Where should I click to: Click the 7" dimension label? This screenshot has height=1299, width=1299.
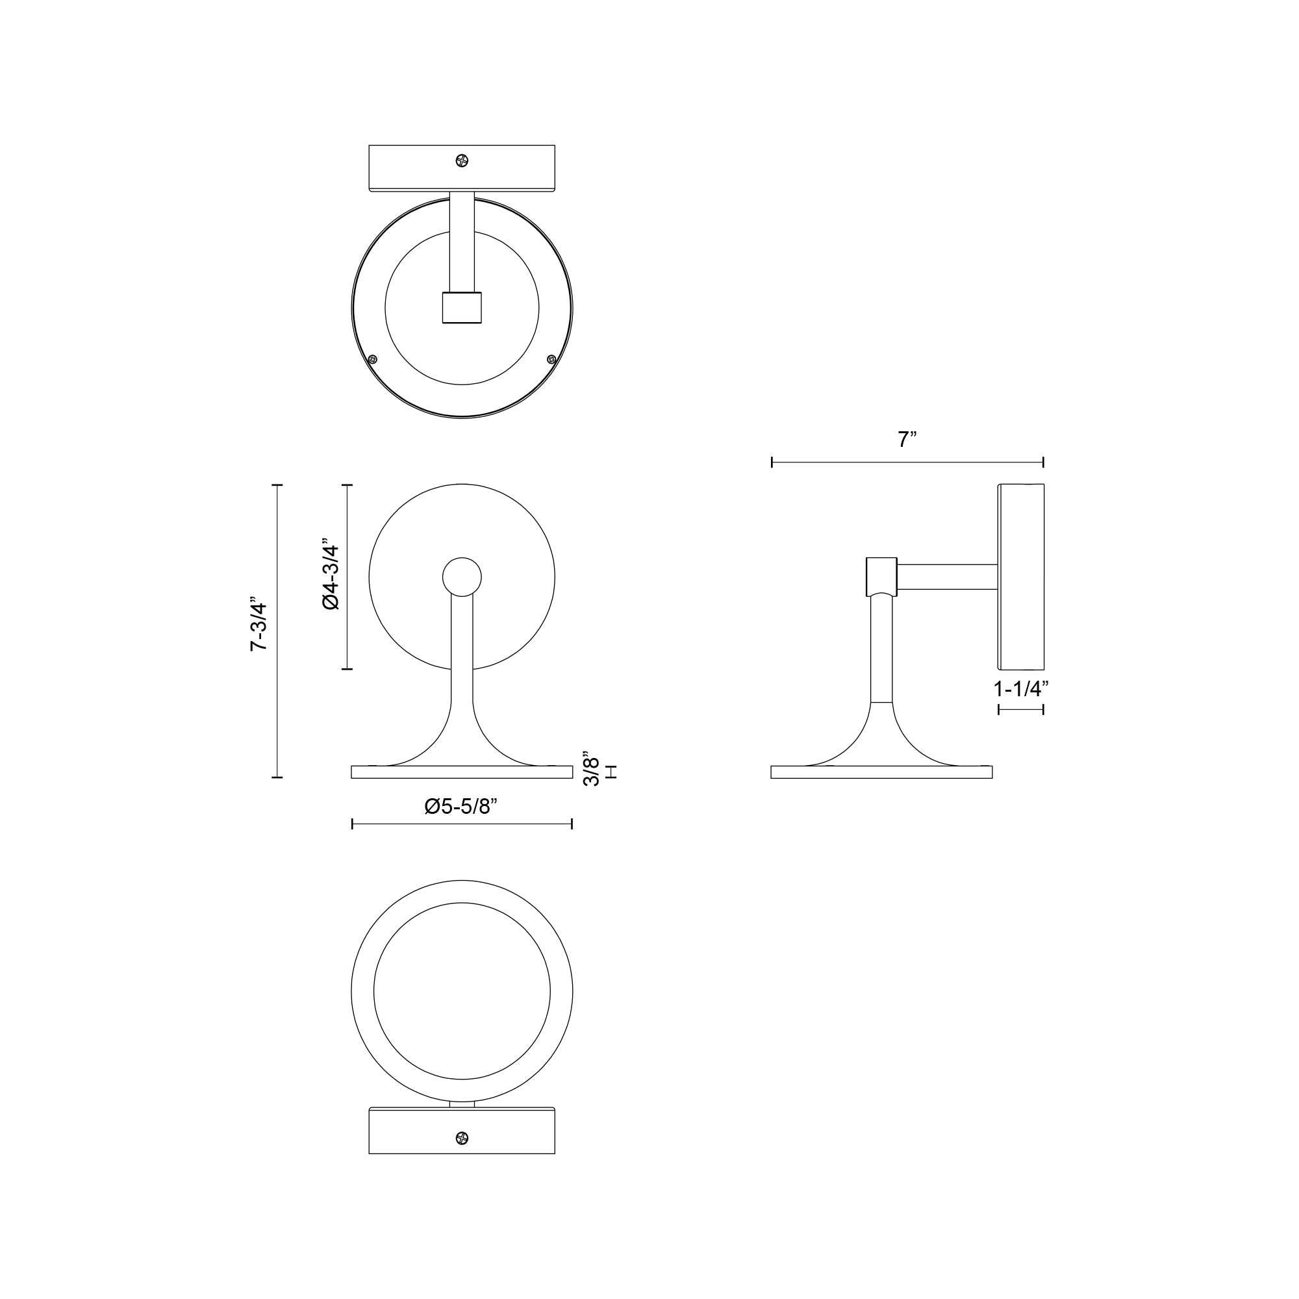tap(907, 440)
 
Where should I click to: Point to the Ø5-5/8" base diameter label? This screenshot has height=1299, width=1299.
tap(460, 806)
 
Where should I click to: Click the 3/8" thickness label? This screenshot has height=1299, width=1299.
tap(591, 769)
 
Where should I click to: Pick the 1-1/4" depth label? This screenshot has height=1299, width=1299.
tap(1021, 688)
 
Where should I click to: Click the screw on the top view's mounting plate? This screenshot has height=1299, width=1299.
tap(461, 160)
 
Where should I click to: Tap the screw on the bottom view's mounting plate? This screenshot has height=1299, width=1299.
tap(461, 1138)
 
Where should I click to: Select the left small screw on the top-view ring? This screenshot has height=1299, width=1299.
tap(373, 359)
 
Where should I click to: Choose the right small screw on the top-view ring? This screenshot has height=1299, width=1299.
tap(551, 359)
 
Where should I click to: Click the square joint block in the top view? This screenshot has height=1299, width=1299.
tap(462, 307)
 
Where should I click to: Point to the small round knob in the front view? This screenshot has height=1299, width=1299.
tap(462, 577)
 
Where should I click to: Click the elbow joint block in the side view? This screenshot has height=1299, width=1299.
tap(881, 576)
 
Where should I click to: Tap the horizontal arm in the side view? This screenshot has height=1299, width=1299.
tap(948, 577)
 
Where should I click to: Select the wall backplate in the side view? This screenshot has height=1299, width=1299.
tap(1021, 576)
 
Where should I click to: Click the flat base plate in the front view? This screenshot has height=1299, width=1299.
tap(462, 772)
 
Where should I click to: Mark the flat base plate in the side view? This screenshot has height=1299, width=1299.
tap(881, 772)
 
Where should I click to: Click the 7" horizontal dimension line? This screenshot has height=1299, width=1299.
tap(907, 462)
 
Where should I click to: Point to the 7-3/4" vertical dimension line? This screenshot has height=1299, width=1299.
tap(277, 631)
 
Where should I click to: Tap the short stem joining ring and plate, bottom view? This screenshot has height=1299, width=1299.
tap(462, 1104)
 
